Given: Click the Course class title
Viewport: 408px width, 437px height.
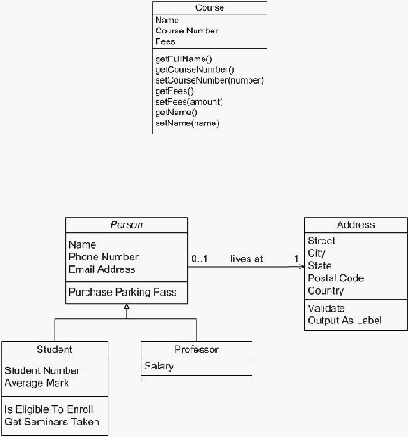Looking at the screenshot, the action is pyautogui.click(x=210, y=7).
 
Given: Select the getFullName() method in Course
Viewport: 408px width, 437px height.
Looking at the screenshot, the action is pyautogui.click(x=184, y=59).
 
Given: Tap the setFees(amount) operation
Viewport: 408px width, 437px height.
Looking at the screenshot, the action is pyautogui.click(x=189, y=102).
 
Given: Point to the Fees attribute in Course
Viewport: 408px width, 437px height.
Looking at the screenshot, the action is pyautogui.click(x=165, y=41).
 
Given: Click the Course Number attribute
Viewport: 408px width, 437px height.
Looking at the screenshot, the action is pyautogui.click(x=186, y=31).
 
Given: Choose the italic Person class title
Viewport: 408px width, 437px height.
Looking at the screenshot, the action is pyautogui.click(x=126, y=224).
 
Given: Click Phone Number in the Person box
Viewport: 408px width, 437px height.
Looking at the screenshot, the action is pyautogui.click(x=104, y=257).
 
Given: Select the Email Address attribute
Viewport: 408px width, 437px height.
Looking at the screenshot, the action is pyautogui.click(x=102, y=269).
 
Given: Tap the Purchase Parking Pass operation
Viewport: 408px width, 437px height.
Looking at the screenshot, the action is pyautogui.click(x=122, y=292).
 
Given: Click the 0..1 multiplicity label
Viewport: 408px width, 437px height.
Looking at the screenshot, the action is pyautogui.click(x=200, y=259).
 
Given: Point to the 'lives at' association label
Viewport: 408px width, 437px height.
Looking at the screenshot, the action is pyautogui.click(x=247, y=259).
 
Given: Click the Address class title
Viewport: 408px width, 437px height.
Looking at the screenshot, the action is pyautogui.click(x=356, y=224).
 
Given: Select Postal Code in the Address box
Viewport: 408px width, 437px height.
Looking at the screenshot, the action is pyautogui.click(x=336, y=278).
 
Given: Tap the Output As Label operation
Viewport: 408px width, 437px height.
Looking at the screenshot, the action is pyautogui.click(x=345, y=321).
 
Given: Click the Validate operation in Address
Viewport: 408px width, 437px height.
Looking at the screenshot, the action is pyautogui.click(x=326, y=308).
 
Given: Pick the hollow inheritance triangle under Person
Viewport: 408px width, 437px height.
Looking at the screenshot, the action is pyautogui.click(x=127, y=306).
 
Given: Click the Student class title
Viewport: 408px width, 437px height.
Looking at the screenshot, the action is pyautogui.click(x=54, y=350).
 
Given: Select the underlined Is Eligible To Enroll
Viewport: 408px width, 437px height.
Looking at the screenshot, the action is pyautogui.click(x=49, y=409).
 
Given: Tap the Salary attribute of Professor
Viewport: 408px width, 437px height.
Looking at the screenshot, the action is pyautogui.click(x=159, y=367).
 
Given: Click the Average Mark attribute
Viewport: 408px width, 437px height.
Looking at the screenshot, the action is pyautogui.click(x=37, y=383).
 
